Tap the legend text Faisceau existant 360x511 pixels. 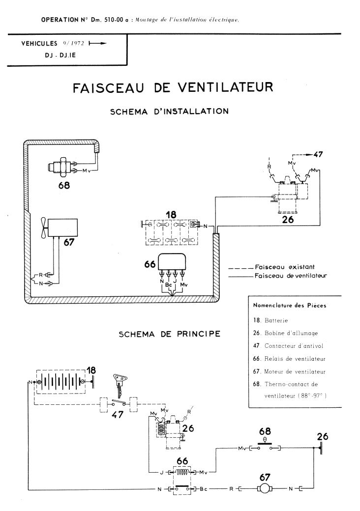click(x=278, y=267)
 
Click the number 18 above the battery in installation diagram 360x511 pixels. click(x=171, y=215)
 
